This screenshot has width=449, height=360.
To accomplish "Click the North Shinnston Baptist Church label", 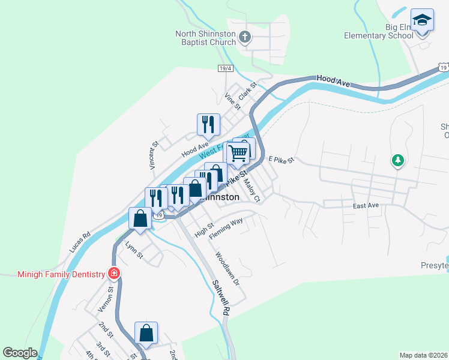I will (x=205, y=38).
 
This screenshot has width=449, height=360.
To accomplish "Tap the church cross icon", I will (x=244, y=38).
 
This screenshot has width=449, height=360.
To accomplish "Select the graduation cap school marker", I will (x=422, y=20).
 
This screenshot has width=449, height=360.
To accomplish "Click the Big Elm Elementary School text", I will (x=378, y=31).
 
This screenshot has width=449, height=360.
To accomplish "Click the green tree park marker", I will (x=397, y=160).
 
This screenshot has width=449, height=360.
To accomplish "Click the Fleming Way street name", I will (x=226, y=229).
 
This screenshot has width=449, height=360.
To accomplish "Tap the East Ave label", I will (x=366, y=206).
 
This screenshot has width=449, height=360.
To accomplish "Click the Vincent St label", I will (x=154, y=154).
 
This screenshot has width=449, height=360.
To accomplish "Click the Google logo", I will (x=20, y=352).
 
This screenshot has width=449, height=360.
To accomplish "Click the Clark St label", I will (x=247, y=91).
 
